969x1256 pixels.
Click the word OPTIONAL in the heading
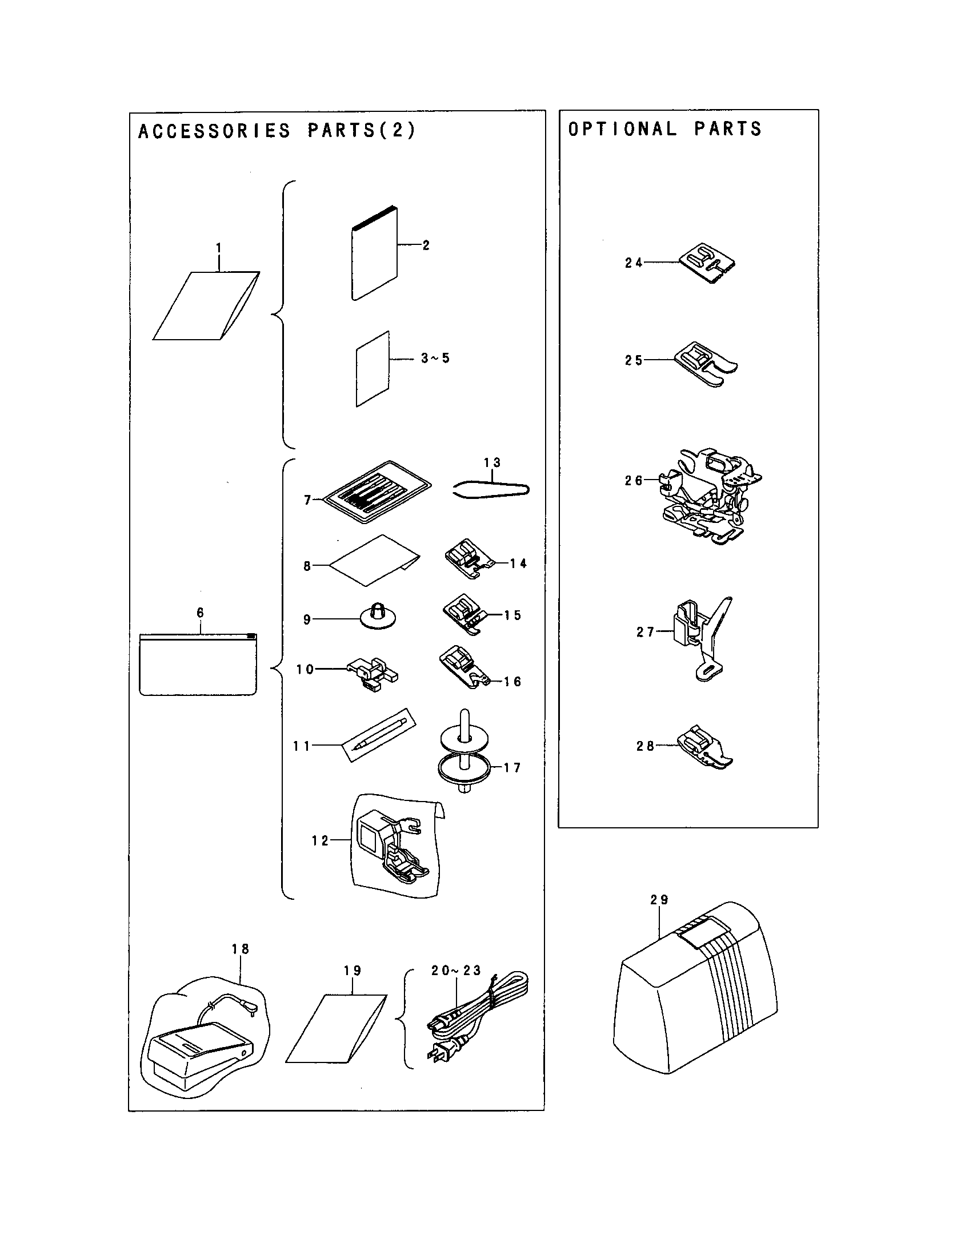(623, 129)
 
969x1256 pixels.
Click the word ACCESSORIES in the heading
(215, 131)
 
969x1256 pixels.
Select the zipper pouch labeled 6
(198, 664)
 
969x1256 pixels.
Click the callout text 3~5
(435, 359)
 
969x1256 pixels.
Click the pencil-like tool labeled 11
(380, 735)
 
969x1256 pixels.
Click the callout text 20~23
(456, 971)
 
